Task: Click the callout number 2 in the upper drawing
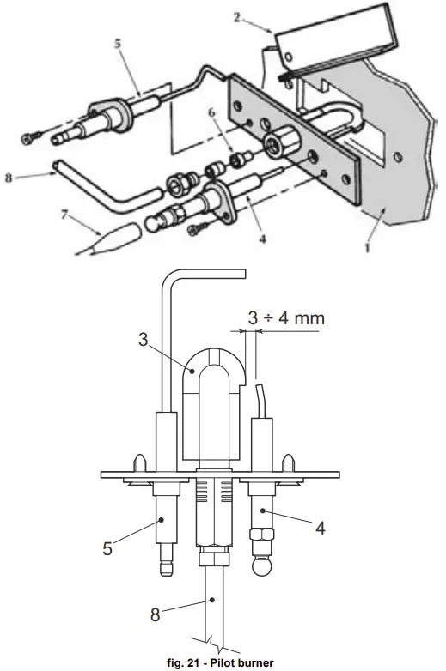pos(237,17)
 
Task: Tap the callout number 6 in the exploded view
pos(211,113)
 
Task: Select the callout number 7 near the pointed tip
pos(64,214)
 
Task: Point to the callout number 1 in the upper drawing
pos(367,248)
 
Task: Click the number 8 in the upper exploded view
pos(8,177)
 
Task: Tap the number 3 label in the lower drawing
pos(144,339)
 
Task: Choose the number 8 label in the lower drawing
pos(155,614)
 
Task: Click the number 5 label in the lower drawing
pos(107,548)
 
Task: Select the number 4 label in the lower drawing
pos(320,528)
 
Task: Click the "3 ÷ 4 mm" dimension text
pos(287,318)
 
